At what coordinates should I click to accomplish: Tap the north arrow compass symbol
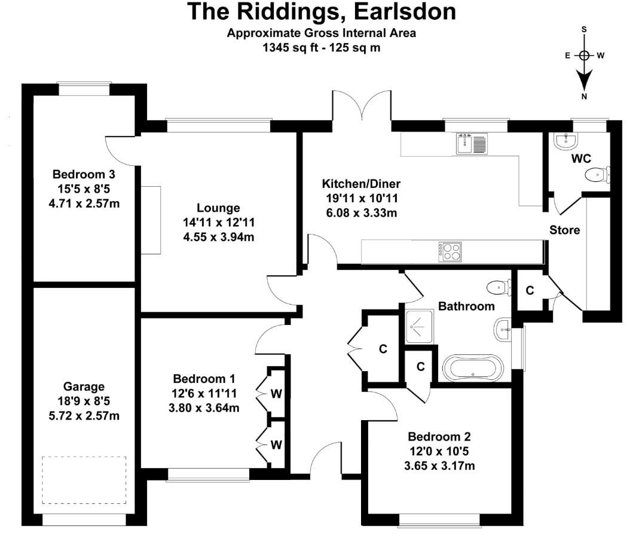point(584,60)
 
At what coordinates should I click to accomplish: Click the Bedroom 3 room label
point(84,175)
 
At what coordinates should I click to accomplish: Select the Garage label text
point(84,387)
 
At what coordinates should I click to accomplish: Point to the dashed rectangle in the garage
point(84,480)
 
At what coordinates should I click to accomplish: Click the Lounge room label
point(218,208)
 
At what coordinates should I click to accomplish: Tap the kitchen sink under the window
point(472,144)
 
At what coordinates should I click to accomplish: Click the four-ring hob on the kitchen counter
point(449,251)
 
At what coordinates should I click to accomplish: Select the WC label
point(582,159)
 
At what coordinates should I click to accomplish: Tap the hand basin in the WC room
point(565,141)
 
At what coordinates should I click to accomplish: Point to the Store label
point(564,230)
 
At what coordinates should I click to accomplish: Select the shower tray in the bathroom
point(420,327)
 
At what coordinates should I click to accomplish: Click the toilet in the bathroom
point(499,288)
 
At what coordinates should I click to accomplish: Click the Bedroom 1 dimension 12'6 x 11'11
point(203,394)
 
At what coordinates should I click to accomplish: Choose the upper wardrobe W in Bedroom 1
point(276,393)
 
